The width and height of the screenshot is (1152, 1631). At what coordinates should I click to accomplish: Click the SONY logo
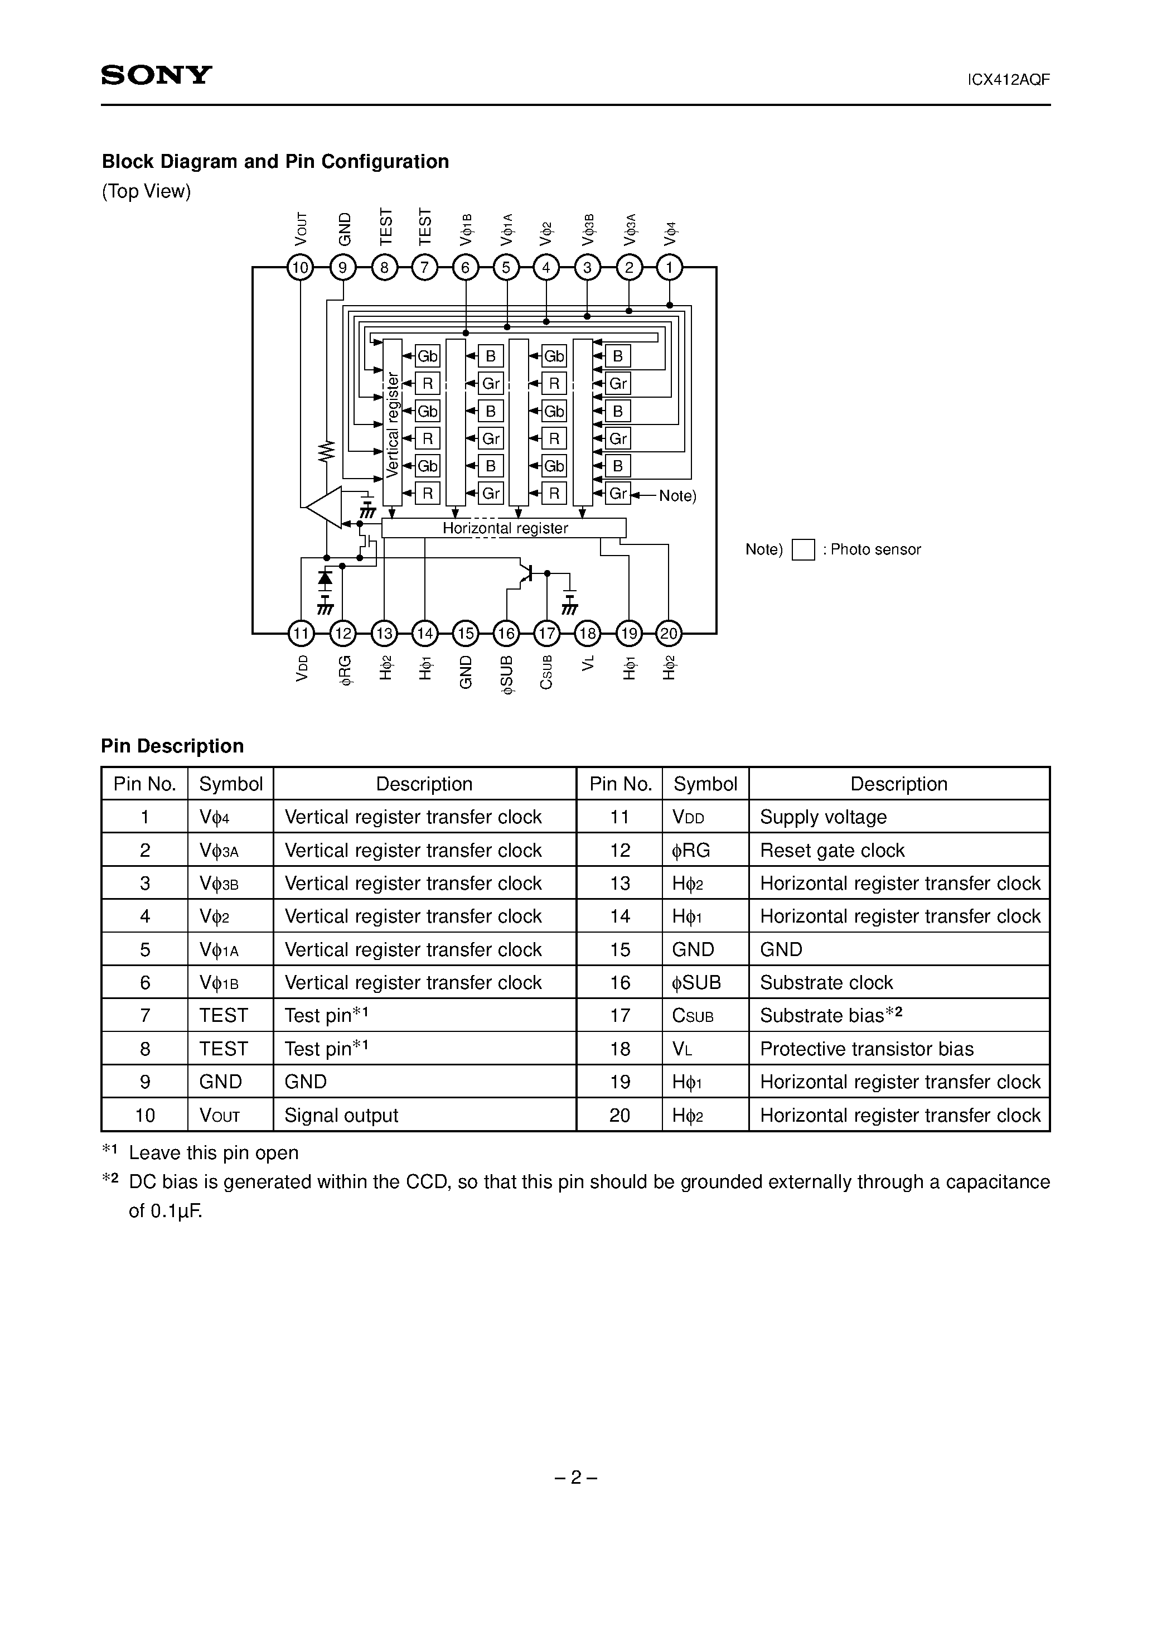click(156, 75)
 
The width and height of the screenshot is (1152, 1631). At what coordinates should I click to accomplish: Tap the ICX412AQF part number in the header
click(1009, 80)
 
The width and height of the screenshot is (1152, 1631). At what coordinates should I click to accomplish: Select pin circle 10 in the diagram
click(301, 268)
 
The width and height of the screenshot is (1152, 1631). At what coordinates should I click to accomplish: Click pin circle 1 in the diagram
click(669, 268)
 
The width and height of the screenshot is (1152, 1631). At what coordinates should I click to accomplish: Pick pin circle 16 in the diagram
click(506, 633)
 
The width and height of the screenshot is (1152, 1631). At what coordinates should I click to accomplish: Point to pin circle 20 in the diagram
click(669, 633)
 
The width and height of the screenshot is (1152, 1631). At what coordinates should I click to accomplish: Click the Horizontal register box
click(504, 528)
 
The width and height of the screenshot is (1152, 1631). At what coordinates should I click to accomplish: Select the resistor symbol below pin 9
click(326, 450)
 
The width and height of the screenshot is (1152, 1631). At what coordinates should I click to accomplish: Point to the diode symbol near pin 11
click(325, 577)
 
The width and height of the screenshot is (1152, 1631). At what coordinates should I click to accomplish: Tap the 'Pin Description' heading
click(173, 746)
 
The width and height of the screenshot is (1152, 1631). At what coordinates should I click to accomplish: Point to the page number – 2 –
click(575, 1478)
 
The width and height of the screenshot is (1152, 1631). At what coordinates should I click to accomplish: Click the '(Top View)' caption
click(146, 191)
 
